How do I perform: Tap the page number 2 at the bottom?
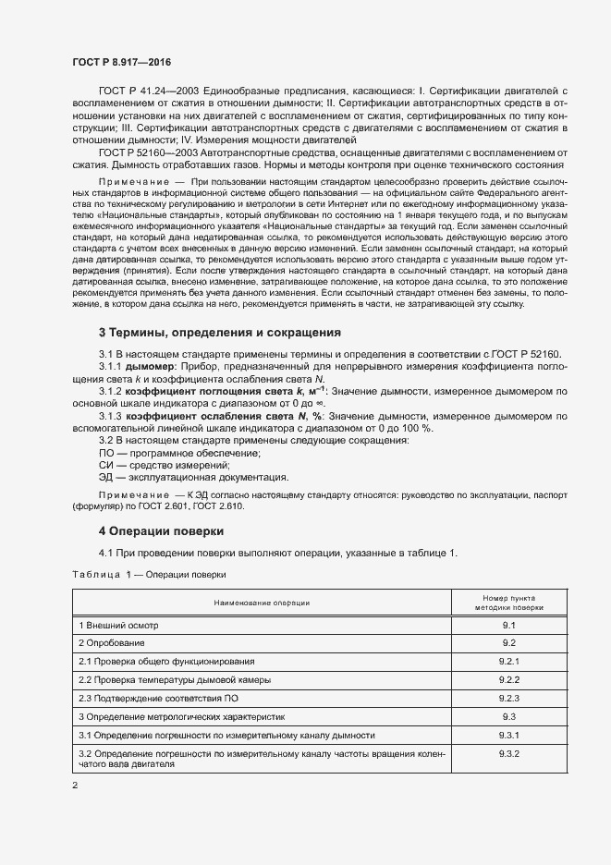click(75, 786)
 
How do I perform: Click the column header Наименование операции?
click(262, 603)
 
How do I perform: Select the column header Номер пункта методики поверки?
click(508, 603)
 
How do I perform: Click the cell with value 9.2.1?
click(508, 661)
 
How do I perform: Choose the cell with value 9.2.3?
click(508, 697)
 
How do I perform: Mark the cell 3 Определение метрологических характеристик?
click(182, 715)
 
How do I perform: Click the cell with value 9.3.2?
click(508, 754)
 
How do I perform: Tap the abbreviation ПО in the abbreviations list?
click(106, 452)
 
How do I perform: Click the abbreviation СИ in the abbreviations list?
click(105, 465)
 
